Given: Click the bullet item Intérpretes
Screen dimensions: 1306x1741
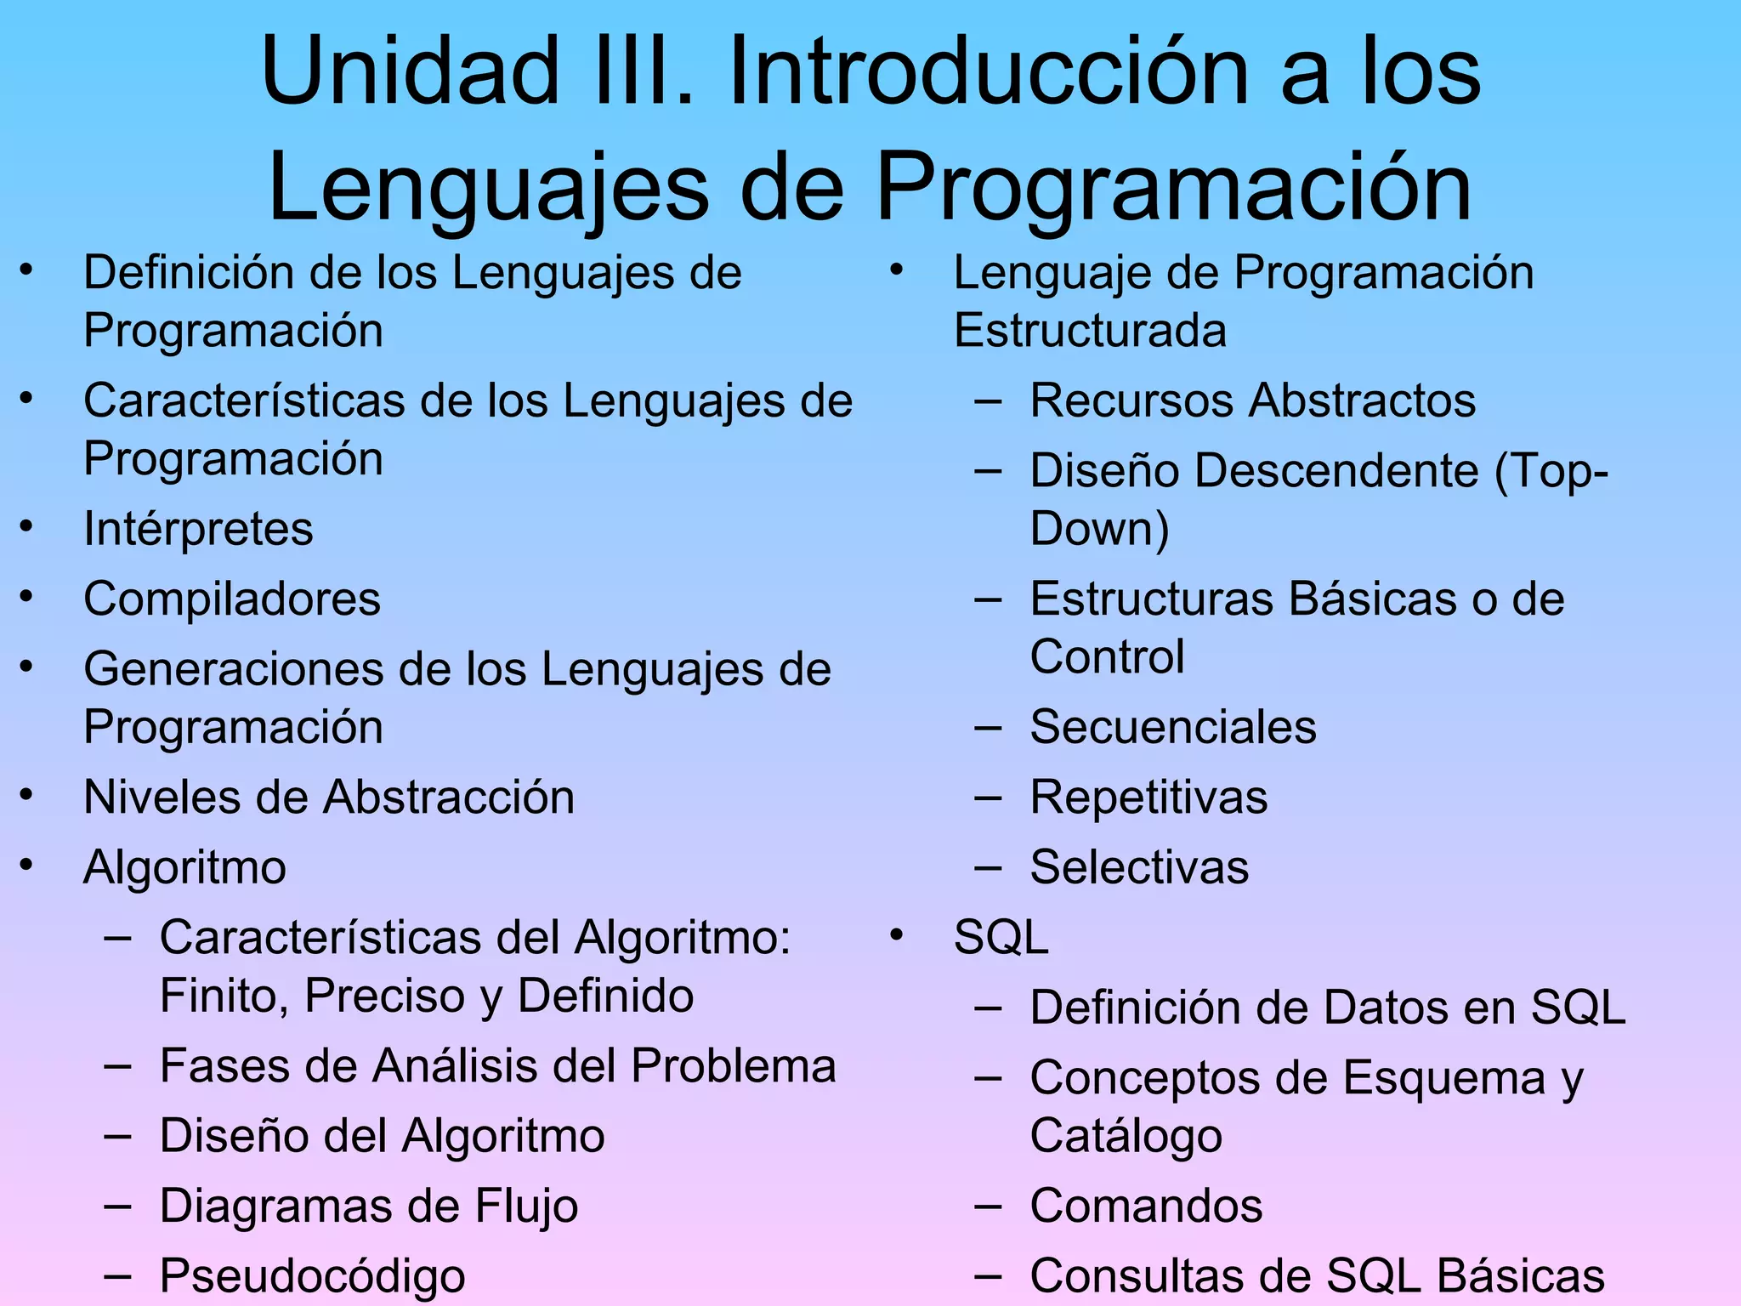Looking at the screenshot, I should (x=198, y=530).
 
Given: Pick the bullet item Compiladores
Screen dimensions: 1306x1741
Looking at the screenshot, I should (x=232, y=599).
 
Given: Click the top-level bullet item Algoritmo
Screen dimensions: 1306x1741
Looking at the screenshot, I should (x=184, y=868).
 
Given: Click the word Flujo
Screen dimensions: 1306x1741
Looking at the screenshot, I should (x=526, y=1207).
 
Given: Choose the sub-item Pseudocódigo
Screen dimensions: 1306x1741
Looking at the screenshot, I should (x=312, y=1276).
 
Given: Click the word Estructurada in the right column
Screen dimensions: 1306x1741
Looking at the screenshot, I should (x=1090, y=331).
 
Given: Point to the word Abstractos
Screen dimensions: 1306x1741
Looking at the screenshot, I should (x=1364, y=400).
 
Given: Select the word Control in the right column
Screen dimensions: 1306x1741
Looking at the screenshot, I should (x=1107, y=657).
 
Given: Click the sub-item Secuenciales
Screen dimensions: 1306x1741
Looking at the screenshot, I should (x=1173, y=728).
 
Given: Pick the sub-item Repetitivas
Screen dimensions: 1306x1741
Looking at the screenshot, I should (x=1148, y=798).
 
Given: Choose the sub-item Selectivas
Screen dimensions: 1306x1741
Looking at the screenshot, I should (x=1139, y=868).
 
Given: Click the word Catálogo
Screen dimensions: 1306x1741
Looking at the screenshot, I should (x=1126, y=1137).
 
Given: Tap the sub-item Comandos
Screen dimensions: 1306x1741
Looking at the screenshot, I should (x=1146, y=1207).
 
